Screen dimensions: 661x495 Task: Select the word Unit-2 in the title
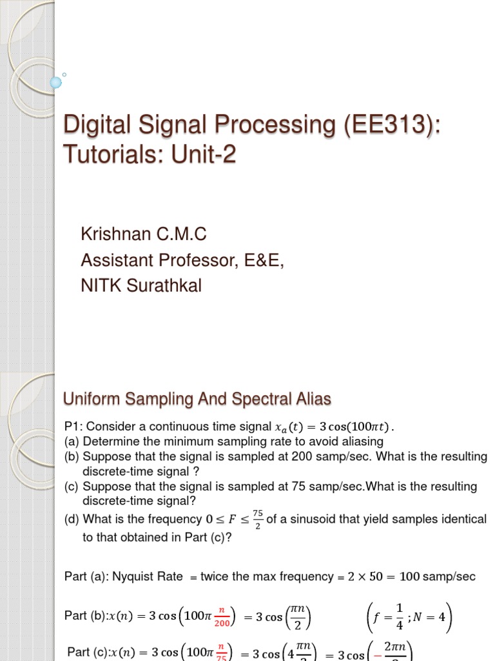coord(205,155)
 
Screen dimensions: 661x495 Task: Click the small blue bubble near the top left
coord(55,82)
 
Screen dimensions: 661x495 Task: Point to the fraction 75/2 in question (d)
coord(258,520)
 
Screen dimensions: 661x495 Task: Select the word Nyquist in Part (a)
coord(159,576)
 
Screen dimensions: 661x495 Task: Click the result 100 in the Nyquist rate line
coord(411,576)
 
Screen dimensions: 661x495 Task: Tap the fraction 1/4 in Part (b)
coord(399,616)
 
